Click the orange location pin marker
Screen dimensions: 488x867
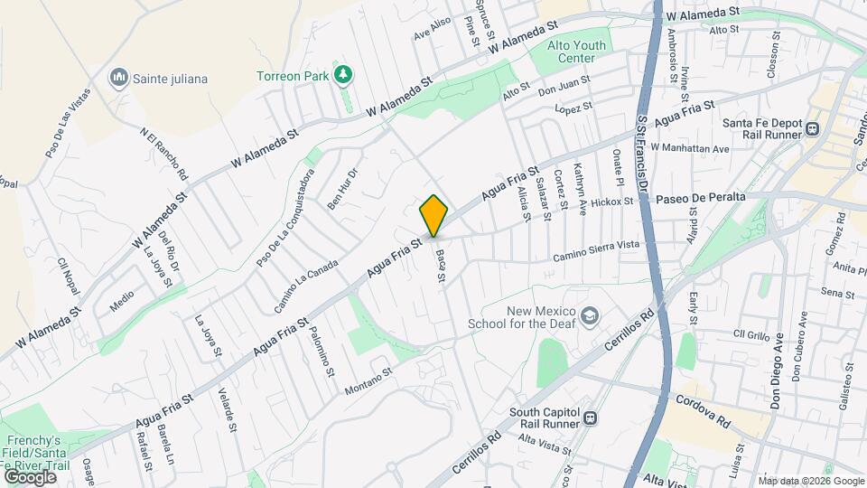(433, 215)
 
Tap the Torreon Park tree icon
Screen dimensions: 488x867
(342, 74)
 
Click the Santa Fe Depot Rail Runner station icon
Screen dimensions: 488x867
(812, 128)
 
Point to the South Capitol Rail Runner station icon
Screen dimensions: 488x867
(590, 418)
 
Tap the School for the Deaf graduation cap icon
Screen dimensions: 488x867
(590, 315)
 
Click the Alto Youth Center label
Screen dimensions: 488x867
(571, 52)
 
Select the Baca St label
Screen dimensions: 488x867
(440, 265)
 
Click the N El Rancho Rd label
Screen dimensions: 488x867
(164, 153)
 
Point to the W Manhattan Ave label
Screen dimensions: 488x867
(689, 148)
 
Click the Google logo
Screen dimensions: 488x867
(30, 476)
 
